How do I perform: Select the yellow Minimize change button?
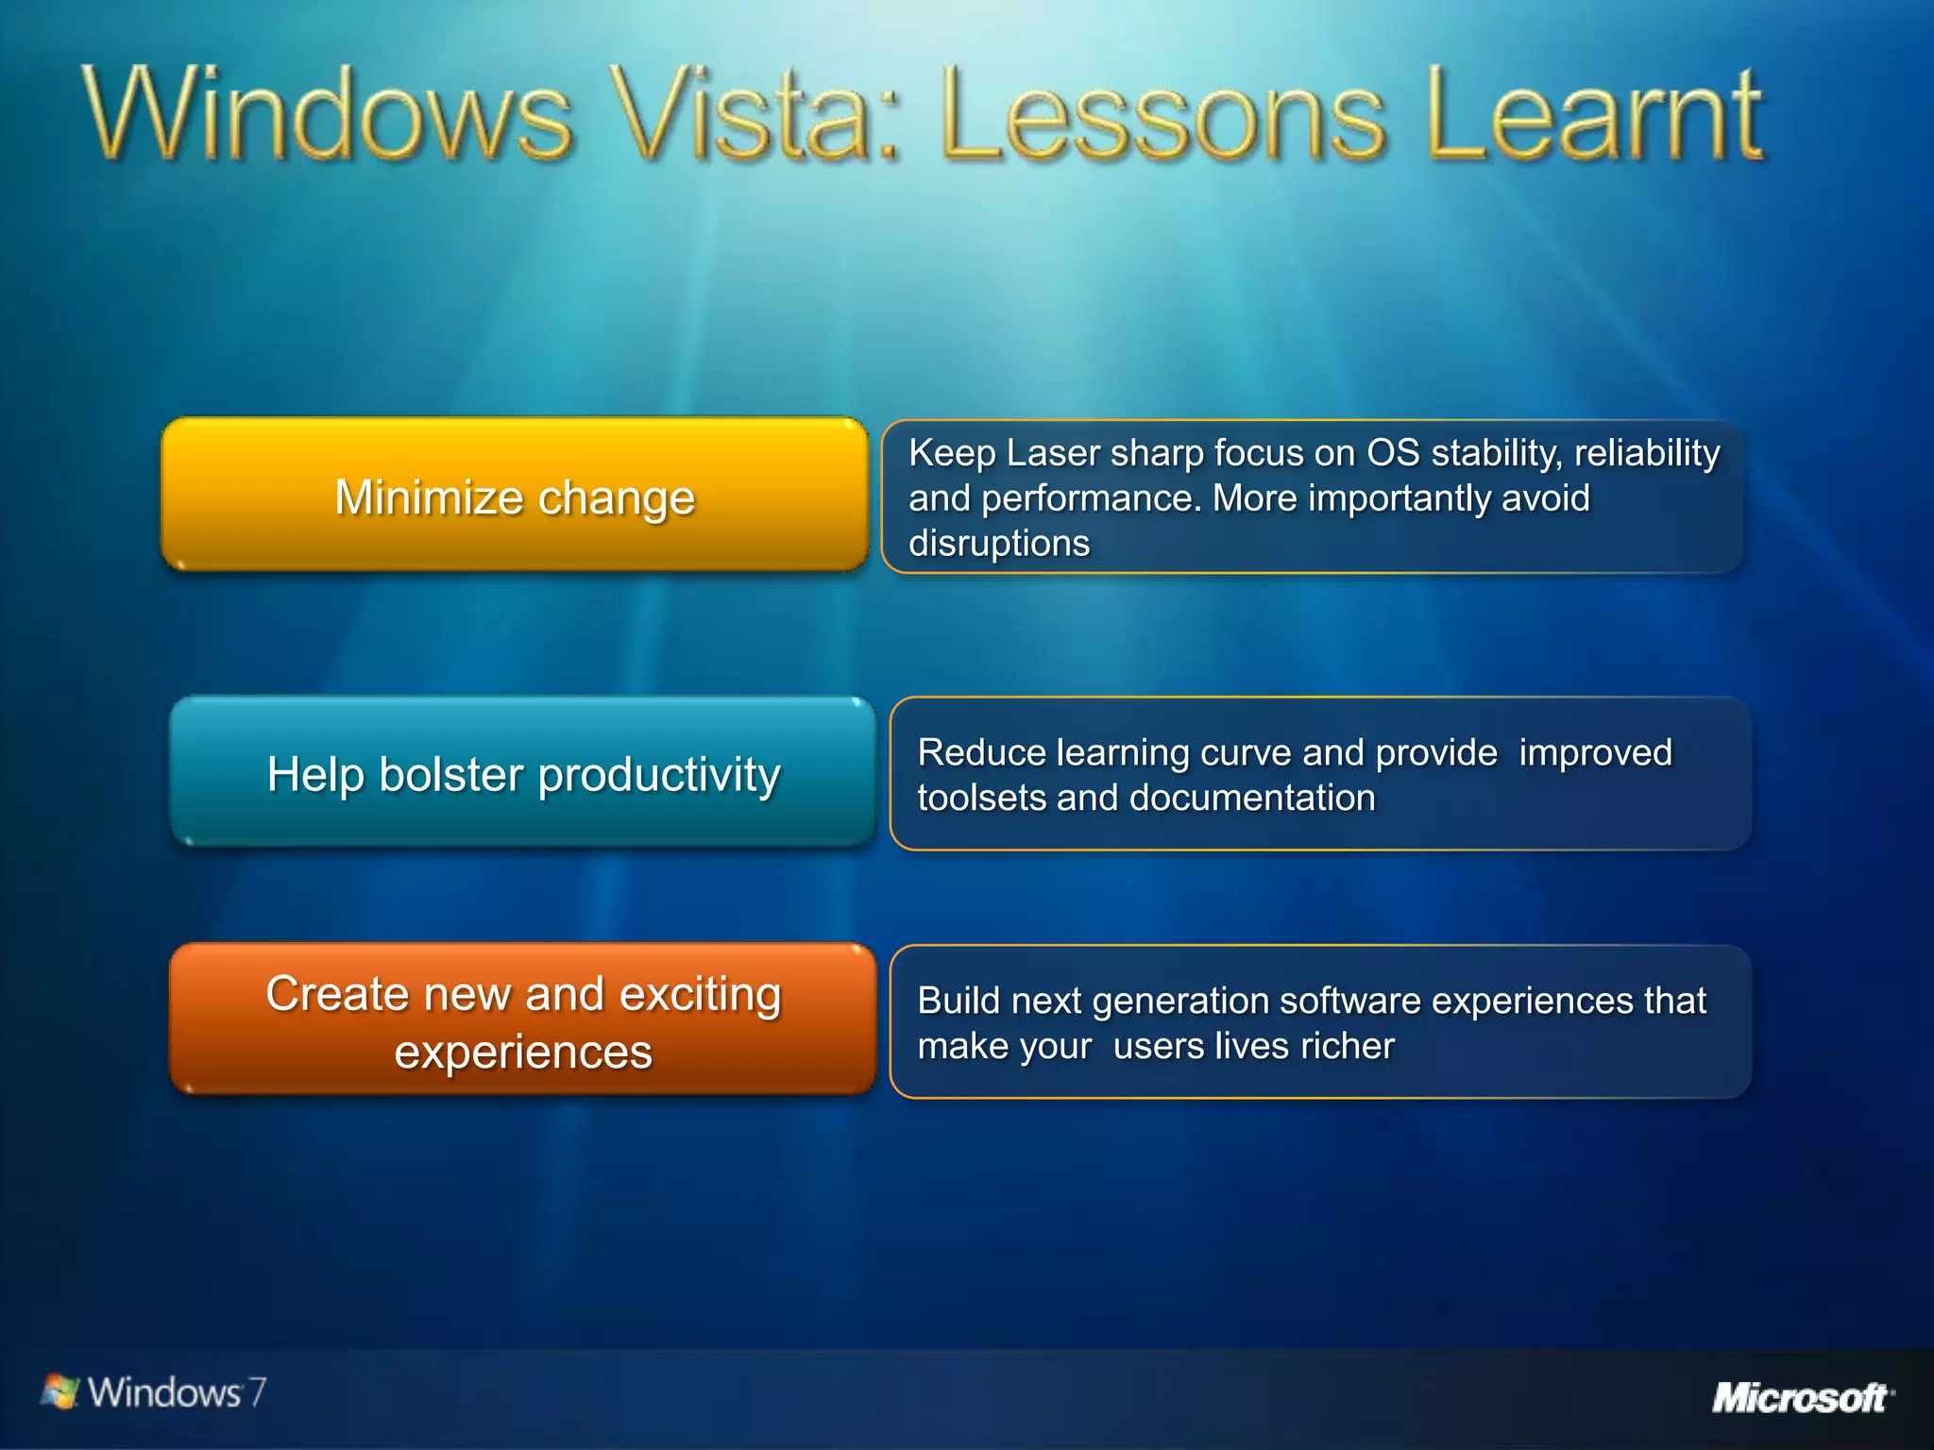tap(514, 496)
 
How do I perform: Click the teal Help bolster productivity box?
tap(523, 773)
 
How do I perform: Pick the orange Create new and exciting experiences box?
tap(523, 1020)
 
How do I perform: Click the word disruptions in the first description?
tap(999, 544)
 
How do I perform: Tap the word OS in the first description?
tap(1393, 453)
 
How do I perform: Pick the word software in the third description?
tap(1349, 1001)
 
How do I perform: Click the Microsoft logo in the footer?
tap(1801, 1397)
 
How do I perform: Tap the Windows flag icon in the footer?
tap(60, 1391)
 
